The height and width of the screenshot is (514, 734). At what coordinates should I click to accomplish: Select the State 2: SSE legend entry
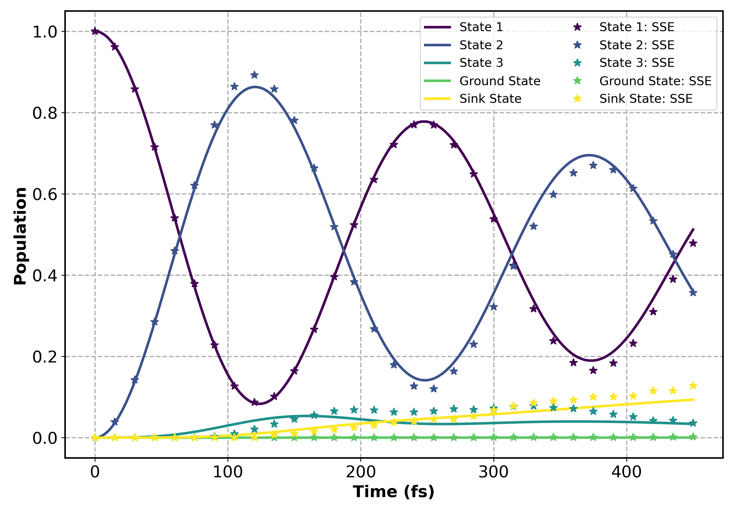(x=636, y=45)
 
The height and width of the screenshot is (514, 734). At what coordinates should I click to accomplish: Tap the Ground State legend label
(x=500, y=81)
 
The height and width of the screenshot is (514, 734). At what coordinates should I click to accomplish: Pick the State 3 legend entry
(x=481, y=63)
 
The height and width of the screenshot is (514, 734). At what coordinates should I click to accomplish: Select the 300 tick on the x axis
(x=493, y=472)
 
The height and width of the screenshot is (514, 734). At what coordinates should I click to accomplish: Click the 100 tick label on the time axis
(x=228, y=472)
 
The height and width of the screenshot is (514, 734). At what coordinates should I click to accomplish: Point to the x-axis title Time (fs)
(x=393, y=492)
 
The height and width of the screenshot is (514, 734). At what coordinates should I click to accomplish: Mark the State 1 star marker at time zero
(x=95, y=31)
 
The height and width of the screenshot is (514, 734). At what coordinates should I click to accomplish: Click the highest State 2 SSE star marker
(x=254, y=75)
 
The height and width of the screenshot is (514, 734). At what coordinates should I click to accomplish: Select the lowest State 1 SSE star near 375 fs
(x=593, y=370)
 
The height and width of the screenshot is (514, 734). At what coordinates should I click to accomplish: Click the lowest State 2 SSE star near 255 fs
(x=434, y=389)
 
